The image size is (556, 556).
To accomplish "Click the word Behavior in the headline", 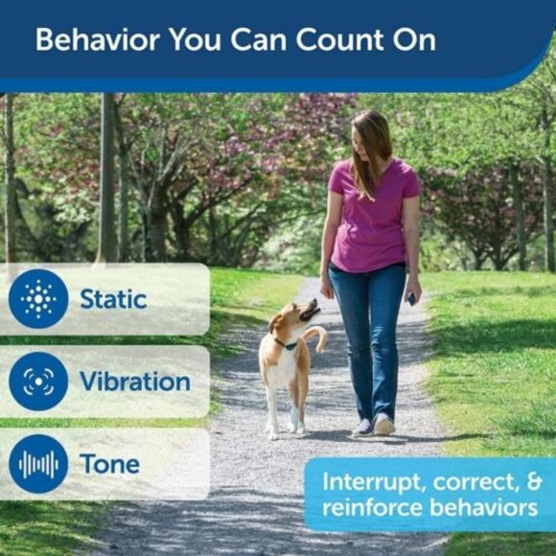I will (91, 40).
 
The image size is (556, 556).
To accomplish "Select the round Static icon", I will (38, 299).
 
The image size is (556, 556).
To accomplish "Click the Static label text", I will (113, 299).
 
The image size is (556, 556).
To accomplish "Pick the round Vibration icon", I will (38, 382).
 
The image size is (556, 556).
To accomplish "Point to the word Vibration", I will (134, 382).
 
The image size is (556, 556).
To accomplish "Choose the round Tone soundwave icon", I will (38, 464).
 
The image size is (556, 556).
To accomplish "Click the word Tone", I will (109, 464).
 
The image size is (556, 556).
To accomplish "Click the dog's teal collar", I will (285, 342).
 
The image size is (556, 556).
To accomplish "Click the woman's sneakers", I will (374, 425).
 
